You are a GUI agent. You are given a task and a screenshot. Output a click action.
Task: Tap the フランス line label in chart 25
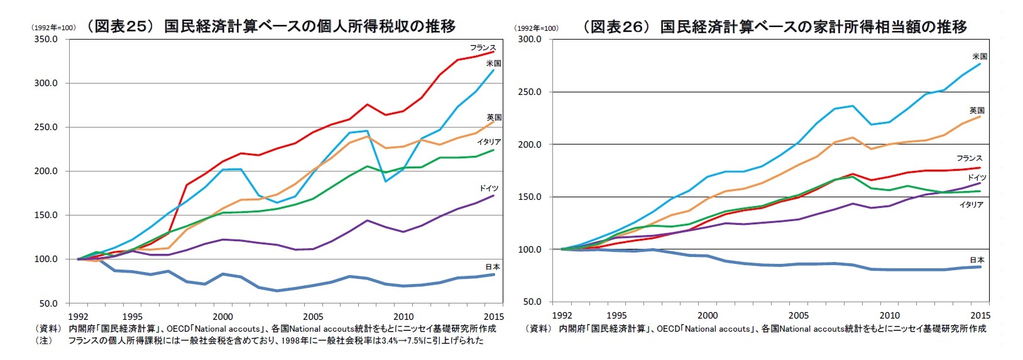pos(483,48)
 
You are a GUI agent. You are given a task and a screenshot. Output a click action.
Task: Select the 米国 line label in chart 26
pos(979,57)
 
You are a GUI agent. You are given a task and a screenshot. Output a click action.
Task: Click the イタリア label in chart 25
pos(488,142)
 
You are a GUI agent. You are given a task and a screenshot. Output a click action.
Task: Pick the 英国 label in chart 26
pos(976,111)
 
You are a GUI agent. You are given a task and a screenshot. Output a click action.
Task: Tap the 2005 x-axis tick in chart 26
pos(799,315)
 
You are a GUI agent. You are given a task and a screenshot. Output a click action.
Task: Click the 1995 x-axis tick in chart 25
pos(132,316)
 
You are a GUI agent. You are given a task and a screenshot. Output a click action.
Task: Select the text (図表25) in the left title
pos(119,26)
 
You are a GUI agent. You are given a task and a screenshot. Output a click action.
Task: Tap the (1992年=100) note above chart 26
pos(536,28)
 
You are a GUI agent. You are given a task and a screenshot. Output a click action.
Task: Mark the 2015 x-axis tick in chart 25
pos(494,316)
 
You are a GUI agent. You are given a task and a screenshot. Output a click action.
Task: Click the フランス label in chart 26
pos(969,158)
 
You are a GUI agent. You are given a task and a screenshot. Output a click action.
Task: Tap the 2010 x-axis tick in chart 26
pos(889,315)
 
